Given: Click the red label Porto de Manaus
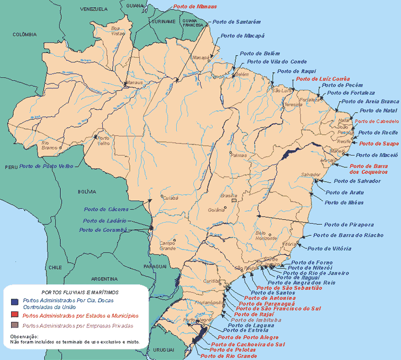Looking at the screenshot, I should pyautogui.click(x=194, y=7).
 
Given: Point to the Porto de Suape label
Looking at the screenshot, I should pyautogui.click(x=379, y=144).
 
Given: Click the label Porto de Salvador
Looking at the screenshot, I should pyautogui.click(x=357, y=181).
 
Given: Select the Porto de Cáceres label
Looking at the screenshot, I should pyautogui.click(x=106, y=209).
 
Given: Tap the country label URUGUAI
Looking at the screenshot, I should pyautogui.click(x=163, y=350).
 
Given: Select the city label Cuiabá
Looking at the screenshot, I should pyautogui.click(x=171, y=197).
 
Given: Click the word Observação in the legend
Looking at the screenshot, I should pyautogui.click(x=24, y=336).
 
